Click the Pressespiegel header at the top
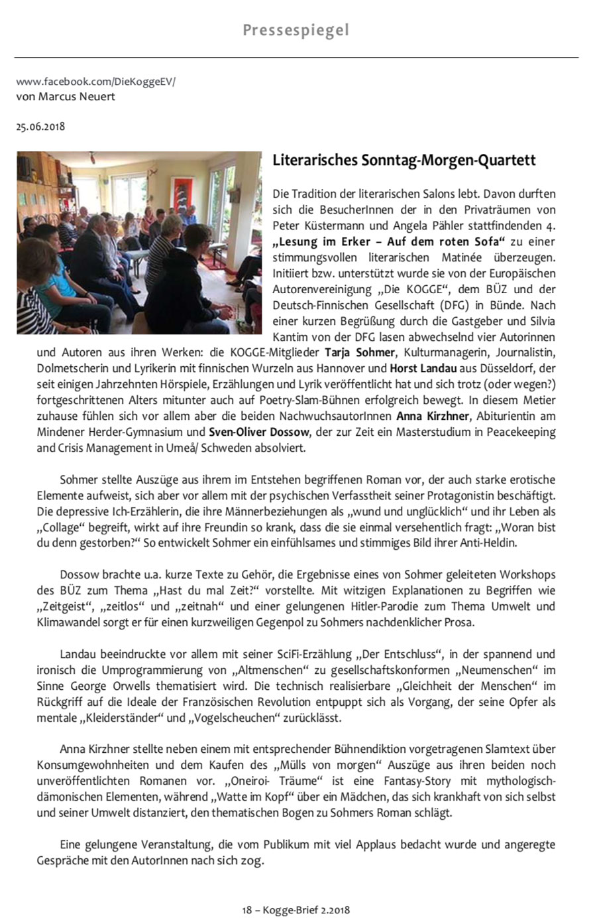pyautogui.click(x=295, y=31)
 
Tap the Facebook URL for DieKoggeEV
pyautogui.click(x=95, y=82)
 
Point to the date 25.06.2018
pyautogui.click(x=40, y=127)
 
